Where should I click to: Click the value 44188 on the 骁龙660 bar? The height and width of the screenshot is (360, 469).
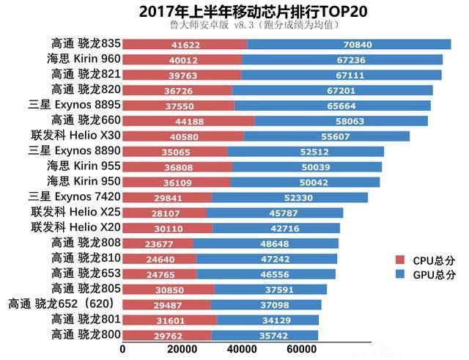tap(188, 120)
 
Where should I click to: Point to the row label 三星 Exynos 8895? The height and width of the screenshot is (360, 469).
tap(73, 106)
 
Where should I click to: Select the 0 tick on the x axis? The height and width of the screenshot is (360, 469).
tap(122, 350)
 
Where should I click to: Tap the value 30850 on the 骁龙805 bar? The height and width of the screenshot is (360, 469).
tap(169, 289)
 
